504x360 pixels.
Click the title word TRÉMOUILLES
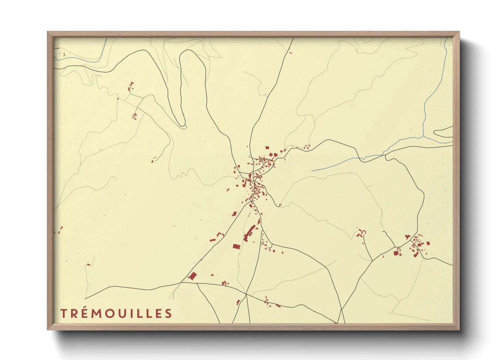click(116, 313)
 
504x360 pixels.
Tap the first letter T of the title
click(63, 313)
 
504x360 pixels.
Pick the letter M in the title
click(97, 313)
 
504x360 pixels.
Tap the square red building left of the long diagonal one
click(236, 246)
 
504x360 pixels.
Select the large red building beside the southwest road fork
click(193, 276)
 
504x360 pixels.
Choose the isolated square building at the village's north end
click(267, 148)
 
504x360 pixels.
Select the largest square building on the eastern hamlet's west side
click(396, 253)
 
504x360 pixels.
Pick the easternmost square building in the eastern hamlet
click(428, 243)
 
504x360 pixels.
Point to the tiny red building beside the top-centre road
click(290, 52)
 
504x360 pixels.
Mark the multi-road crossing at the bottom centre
click(246, 294)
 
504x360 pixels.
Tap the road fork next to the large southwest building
click(181, 282)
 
